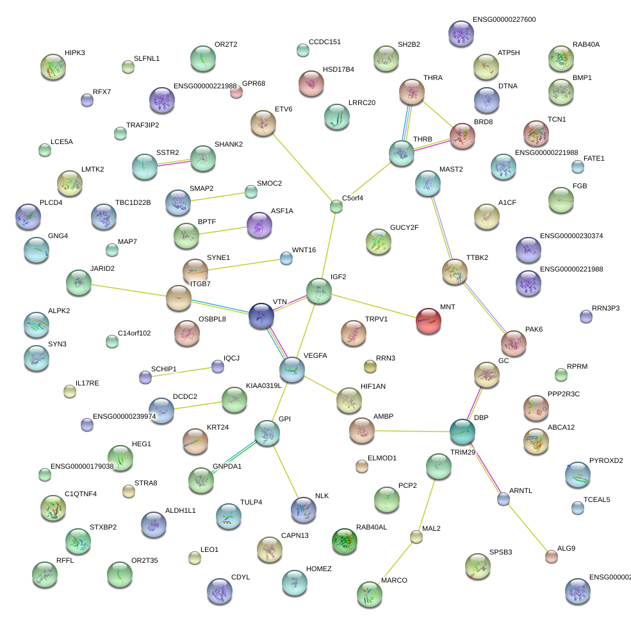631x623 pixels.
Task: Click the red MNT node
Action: [429, 321]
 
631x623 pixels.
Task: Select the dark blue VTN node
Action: [261, 316]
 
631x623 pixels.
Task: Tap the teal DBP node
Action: [462, 432]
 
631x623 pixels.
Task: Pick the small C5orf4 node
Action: [336, 206]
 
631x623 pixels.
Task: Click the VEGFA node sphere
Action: [292, 369]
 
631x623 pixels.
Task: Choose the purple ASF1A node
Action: [259, 225]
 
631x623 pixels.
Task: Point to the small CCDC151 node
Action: [303, 50]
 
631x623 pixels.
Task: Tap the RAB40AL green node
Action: [345, 540]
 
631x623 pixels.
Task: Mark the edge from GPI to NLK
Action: [285, 471]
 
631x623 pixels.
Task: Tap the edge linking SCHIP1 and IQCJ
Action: [181, 372]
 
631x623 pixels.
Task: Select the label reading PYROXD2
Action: [606, 460]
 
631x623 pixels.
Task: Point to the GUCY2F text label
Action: [404, 227]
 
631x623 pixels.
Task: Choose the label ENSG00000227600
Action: [504, 19]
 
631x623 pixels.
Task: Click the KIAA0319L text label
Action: [263, 385]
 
